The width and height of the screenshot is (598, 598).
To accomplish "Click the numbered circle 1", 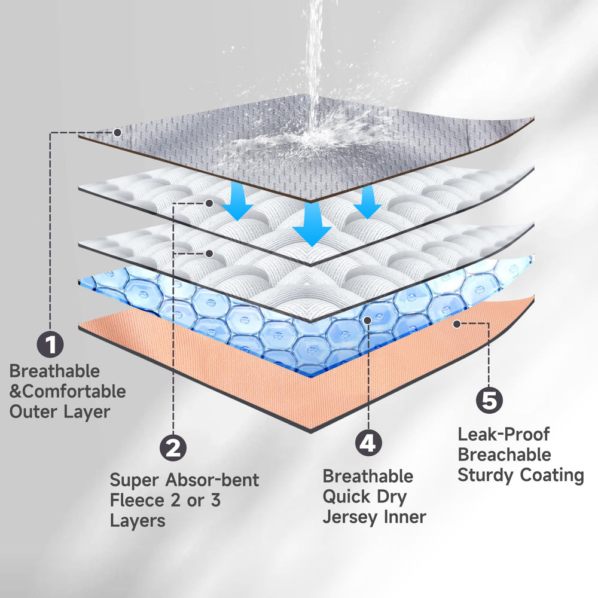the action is (50, 344).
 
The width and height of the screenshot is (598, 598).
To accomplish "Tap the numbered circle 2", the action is (173, 448).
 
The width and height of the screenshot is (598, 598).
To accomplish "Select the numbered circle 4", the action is (368, 443).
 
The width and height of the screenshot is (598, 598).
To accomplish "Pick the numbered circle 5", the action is (489, 401).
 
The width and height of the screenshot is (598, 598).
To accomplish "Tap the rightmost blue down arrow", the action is (367, 202).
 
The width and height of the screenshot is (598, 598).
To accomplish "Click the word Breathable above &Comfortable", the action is (54, 371).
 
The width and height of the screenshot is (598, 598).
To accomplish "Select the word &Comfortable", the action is (68, 392).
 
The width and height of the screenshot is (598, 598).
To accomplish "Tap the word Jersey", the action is (350, 518).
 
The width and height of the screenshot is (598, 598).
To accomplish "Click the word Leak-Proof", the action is (504, 434).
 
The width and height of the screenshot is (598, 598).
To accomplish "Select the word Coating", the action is (552, 475).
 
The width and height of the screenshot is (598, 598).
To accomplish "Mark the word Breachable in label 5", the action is (504, 454).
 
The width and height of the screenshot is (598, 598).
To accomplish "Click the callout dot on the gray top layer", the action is (118, 133).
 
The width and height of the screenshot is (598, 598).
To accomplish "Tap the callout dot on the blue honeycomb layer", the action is (368, 321).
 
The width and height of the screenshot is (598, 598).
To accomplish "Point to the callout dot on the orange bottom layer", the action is (457, 324).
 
